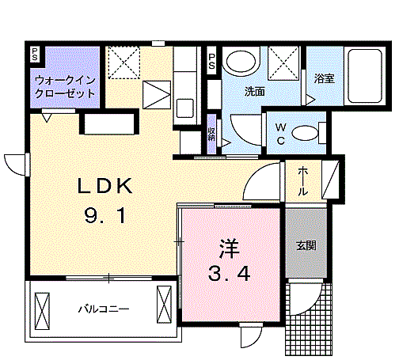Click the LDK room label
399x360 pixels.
click(104, 186)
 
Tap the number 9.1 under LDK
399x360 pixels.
click(104, 214)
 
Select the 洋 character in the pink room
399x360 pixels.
click(230, 248)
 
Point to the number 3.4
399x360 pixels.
click(229, 274)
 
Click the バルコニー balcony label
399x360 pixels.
click(104, 309)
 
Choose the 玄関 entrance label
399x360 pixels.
click(306, 246)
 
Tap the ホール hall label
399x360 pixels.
click(303, 181)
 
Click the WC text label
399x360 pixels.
click(280, 134)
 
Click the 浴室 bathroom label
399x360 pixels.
click(324, 78)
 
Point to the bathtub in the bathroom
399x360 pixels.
click(365, 76)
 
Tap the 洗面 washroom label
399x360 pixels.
click(254, 91)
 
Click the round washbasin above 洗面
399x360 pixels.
click(241, 61)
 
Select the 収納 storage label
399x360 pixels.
click(211, 134)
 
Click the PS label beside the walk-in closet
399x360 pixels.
click(35, 54)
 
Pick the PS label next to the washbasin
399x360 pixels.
click(211, 62)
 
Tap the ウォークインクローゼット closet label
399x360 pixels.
click(65, 87)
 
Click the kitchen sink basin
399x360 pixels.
click(184, 108)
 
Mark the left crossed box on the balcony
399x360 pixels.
click(42, 311)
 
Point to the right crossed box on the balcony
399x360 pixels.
click(164, 305)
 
